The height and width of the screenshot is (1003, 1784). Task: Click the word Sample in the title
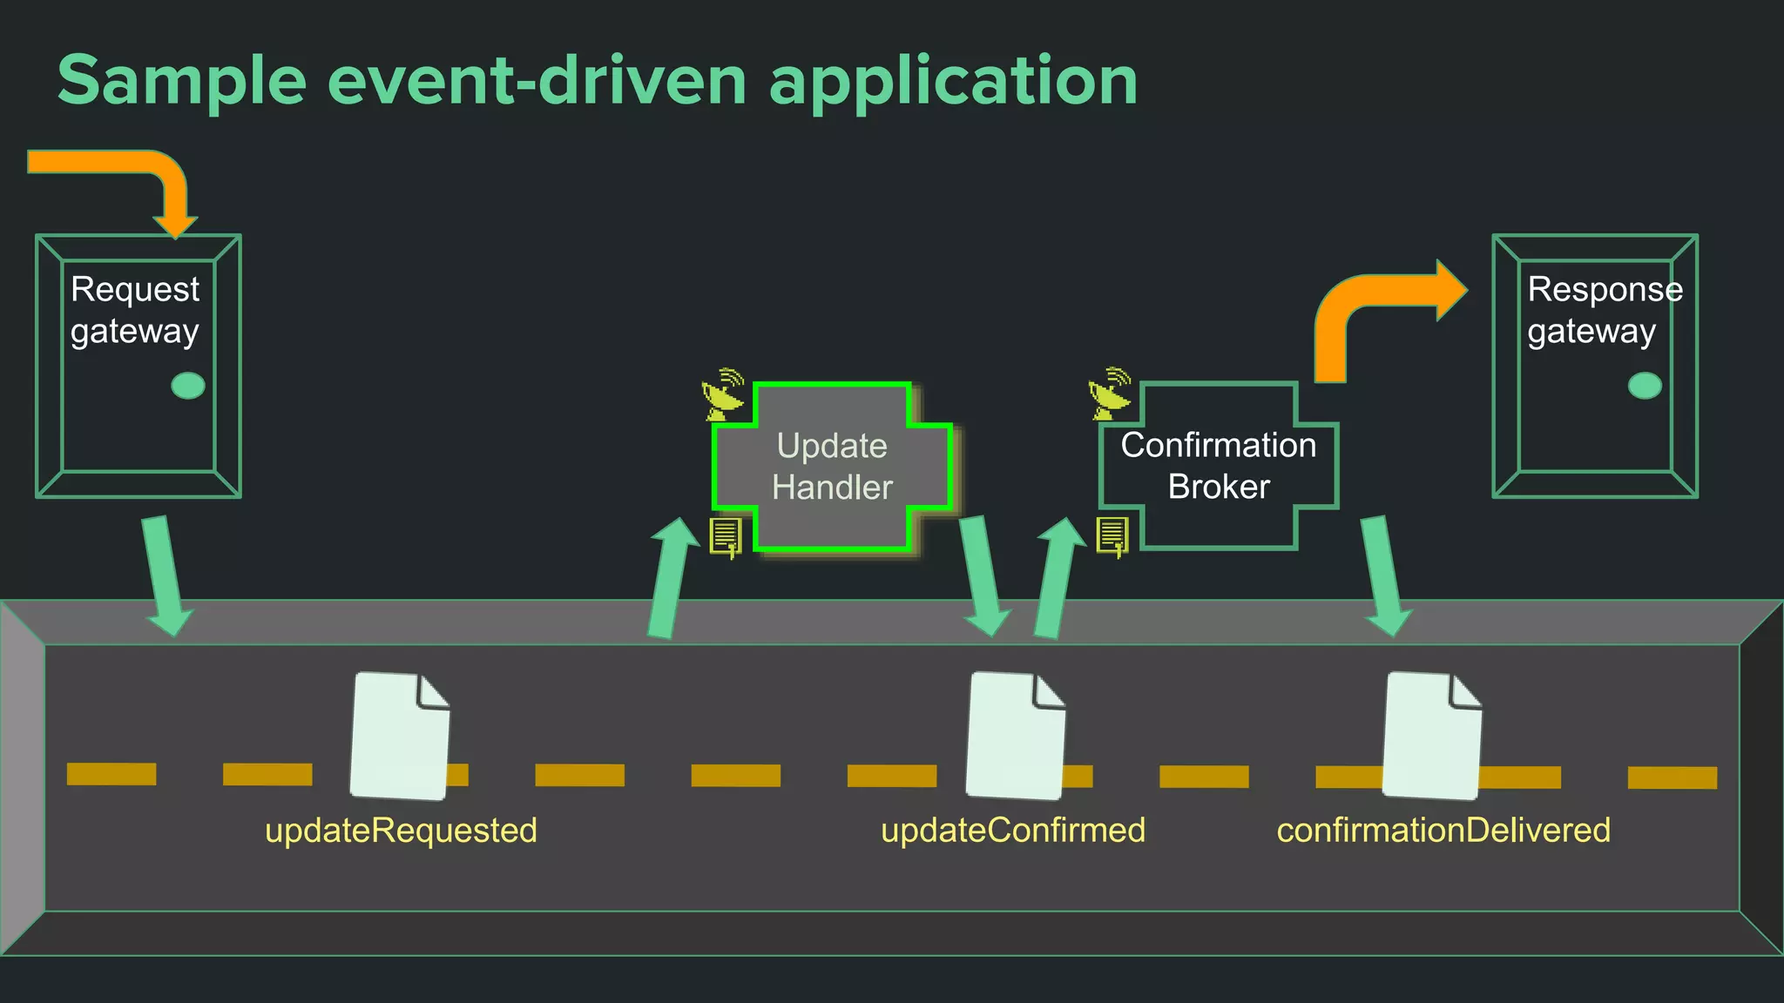tap(181, 81)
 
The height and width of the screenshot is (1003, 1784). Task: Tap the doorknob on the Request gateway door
tap(188, 386)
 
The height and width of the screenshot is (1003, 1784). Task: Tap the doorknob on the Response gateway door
tap(1645, 386)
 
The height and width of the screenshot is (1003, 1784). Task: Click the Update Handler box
tap(832, 467)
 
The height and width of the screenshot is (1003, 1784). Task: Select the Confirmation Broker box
tap(1218, 466)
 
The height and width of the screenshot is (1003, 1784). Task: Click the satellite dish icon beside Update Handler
tap(724, 394)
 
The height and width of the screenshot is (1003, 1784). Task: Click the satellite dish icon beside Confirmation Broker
tap(1110, 394)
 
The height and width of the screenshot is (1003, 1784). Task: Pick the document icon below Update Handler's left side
tap(726, 536)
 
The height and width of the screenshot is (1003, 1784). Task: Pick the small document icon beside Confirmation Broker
tap(1112, 535)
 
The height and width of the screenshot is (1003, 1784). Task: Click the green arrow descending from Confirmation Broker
tap(1385, 575)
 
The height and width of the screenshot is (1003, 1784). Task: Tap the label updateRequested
tap(401, 830)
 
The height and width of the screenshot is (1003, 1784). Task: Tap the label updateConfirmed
tap(1012, 830)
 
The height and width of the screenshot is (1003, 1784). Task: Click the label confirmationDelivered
tap(1443, 830)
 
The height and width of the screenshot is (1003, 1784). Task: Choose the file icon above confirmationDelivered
tap(1431, 736)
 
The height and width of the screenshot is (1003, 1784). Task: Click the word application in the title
tap(953, 81)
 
